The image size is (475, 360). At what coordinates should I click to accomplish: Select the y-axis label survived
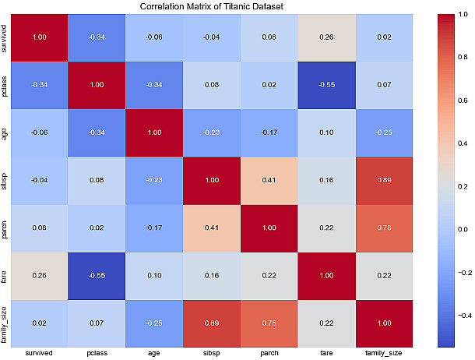[x=7, y=37]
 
